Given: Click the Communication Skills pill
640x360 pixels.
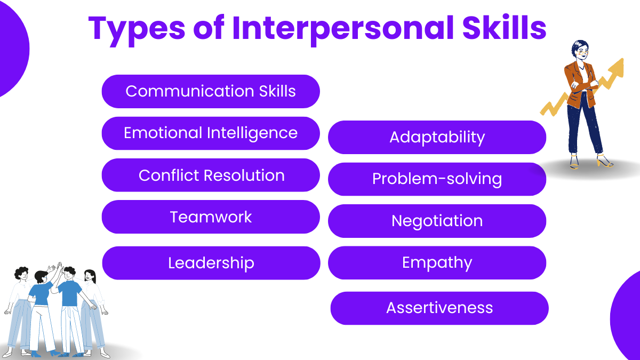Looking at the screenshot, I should (211, 91).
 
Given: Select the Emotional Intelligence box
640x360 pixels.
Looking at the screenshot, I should (211, 133).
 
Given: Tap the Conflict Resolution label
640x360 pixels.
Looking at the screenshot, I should (211, 175).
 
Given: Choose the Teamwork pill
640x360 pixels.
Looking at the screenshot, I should (211, 217).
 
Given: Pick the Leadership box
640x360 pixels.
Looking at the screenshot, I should (211, 263).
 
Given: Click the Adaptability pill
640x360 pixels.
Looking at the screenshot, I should (437, 137).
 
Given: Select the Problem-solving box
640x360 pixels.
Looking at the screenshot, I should (437, 179).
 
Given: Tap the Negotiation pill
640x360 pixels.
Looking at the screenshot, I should (437, 221).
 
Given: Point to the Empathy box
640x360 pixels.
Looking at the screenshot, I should (437, 262).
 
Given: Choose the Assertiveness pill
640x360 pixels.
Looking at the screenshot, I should (439, 308).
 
